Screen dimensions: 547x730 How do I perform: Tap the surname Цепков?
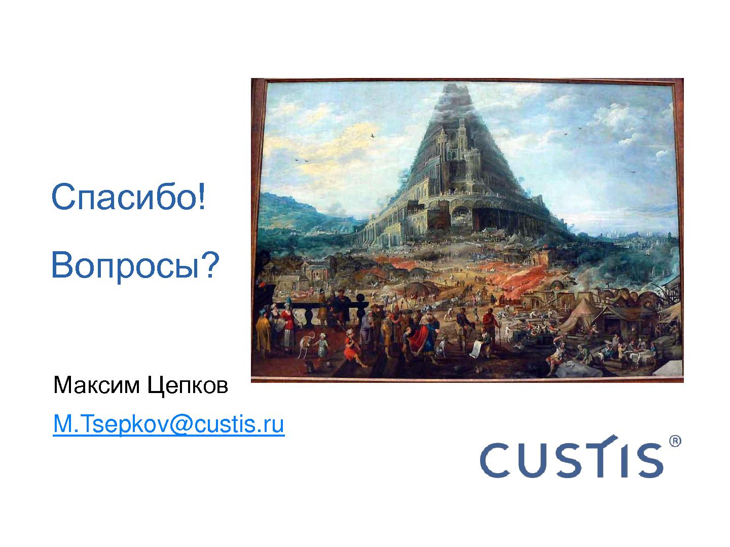point(188,386)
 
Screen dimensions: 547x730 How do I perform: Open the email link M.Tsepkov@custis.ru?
point(168,425)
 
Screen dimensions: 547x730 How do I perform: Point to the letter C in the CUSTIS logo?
point(495,459)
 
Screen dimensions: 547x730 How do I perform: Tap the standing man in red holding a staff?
point(489,324)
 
